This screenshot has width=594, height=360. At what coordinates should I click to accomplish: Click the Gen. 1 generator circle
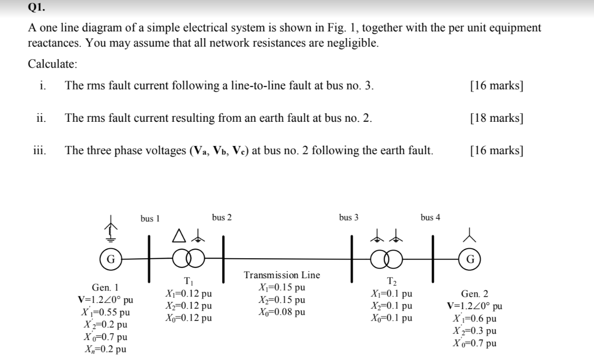tap(111, 259)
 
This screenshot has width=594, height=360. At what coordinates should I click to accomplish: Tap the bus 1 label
tap(150, 219)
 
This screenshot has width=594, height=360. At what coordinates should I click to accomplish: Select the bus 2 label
tap(222, 217)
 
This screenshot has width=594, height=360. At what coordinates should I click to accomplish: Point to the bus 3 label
tap(349, 217)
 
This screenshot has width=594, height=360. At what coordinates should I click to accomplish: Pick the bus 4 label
tap(430, 217)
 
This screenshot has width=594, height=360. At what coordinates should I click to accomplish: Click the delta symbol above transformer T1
tap(178, 234)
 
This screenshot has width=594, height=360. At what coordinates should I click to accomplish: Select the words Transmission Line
tap(282, 275)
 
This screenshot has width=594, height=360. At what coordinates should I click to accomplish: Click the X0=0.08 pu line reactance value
tap(281, 312)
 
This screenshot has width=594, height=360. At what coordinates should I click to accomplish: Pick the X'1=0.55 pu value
tap(106, 312)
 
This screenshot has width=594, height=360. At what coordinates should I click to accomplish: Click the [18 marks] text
tap(496, 118)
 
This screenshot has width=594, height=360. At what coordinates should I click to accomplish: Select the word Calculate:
tap(52, 64)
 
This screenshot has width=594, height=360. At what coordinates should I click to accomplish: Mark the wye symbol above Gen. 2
tap(471, 234)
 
